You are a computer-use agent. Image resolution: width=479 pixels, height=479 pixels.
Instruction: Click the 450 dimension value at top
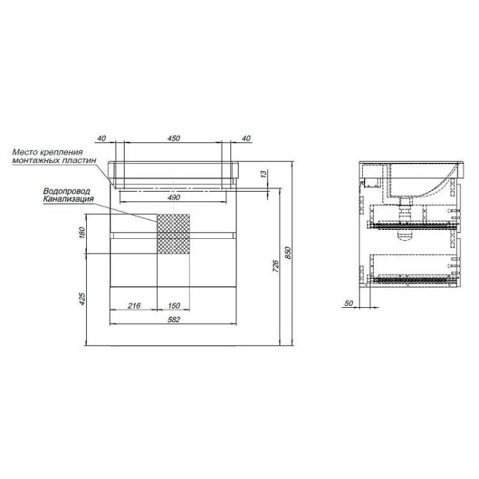[x=174, y=138]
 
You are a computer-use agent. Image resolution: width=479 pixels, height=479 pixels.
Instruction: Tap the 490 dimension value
[x=174, y=197]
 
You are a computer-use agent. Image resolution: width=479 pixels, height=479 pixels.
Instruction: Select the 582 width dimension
[x=174, y=319]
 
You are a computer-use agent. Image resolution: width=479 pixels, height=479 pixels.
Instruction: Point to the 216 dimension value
[x=134, y=305]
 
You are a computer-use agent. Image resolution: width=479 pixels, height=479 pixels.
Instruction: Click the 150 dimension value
[x=174, y=305]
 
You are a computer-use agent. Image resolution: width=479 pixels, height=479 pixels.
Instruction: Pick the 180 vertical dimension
[x=82, y=233]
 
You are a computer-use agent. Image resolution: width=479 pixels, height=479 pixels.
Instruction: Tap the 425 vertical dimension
[x=82, y=299]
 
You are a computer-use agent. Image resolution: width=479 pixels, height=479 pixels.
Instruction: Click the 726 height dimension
[x=275, y=266]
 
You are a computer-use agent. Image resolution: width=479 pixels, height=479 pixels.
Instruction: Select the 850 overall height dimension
[x=288, y=252]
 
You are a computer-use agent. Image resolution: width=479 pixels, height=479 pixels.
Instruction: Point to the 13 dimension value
[x=263, y=174]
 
